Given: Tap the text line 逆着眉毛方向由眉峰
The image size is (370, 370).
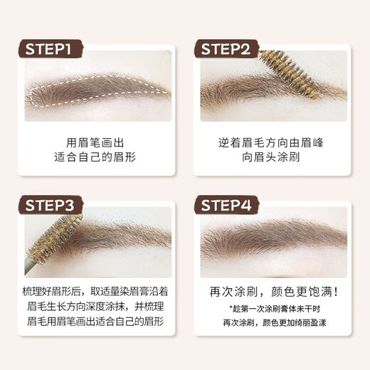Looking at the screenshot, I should coord(273,142).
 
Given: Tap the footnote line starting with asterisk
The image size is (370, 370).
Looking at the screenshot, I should coord(273,310).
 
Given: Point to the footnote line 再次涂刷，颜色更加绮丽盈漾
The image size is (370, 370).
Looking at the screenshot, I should coord(273,323).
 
